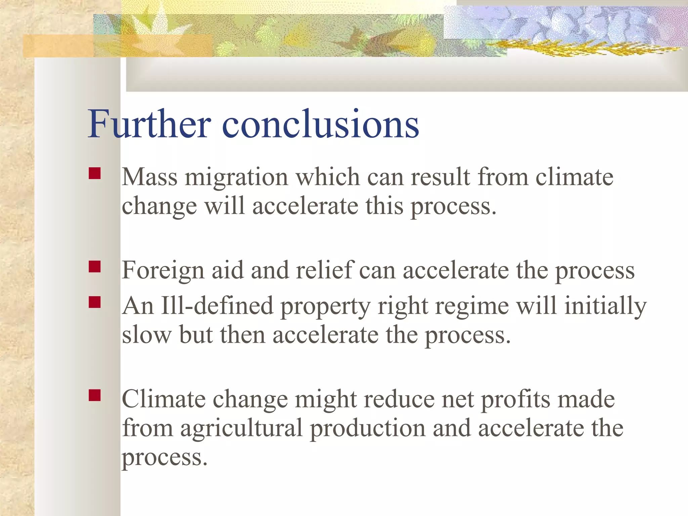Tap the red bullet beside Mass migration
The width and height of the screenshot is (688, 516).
pos(95,173)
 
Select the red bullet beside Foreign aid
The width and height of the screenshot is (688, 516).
pos(95,267)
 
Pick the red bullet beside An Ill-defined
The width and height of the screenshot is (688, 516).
pos(95,302)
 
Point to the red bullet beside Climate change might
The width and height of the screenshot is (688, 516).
pos(95,395)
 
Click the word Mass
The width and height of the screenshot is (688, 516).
pos(149,177)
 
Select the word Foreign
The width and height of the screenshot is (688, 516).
pos(163,271)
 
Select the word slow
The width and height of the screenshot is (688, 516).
pos(146,335)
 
